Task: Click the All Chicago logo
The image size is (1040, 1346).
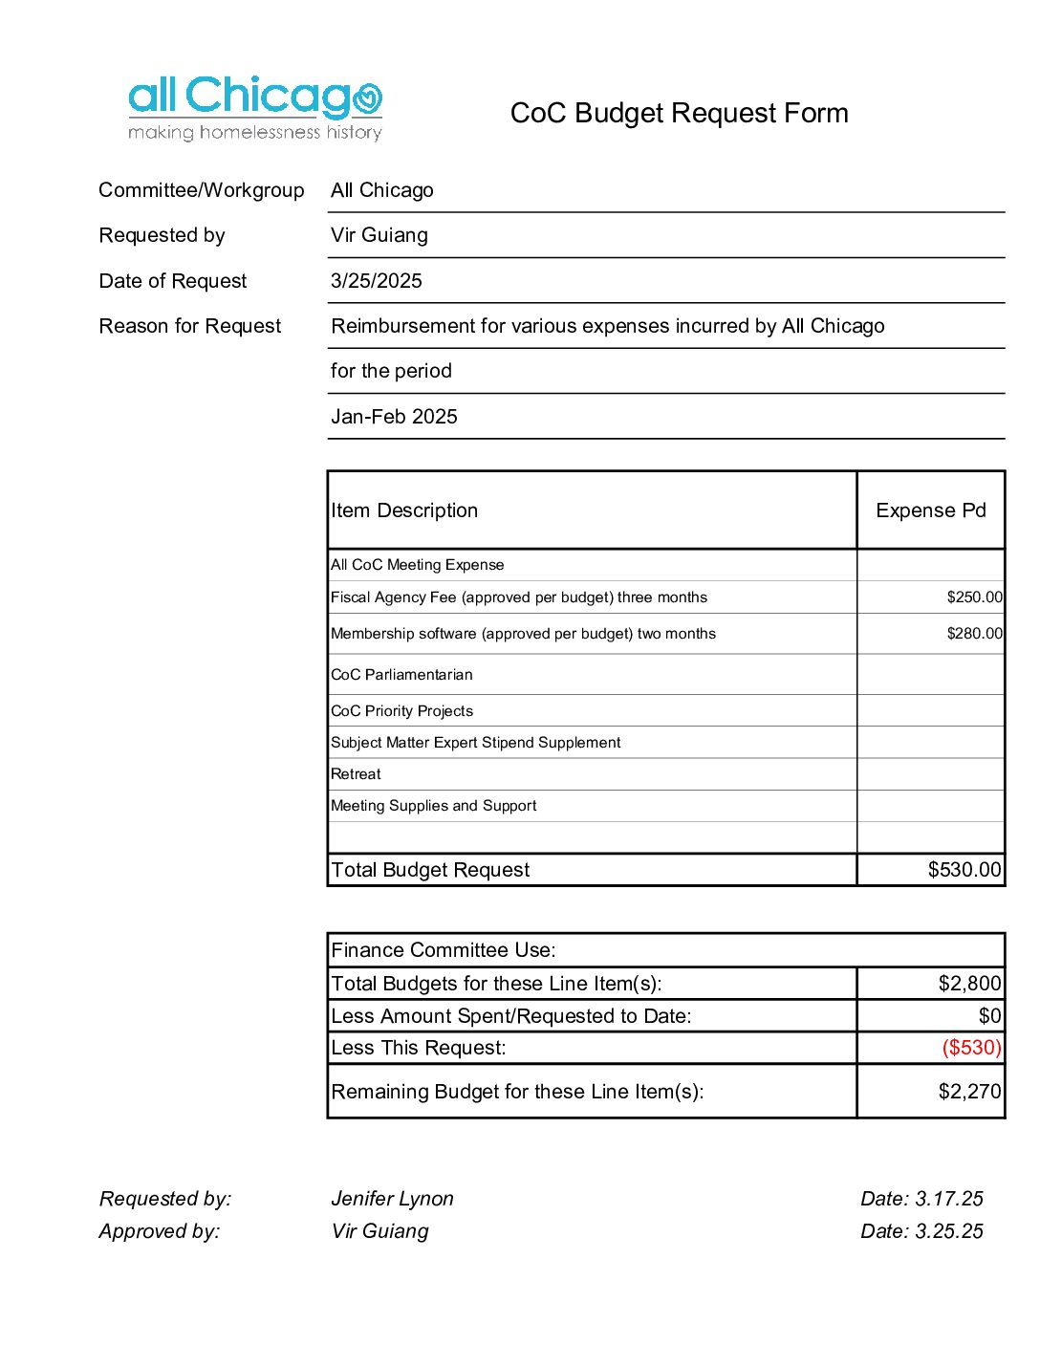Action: point(255,108)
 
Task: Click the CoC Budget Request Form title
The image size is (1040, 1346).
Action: point(679,114)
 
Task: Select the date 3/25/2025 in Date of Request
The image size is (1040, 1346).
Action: point(376,281)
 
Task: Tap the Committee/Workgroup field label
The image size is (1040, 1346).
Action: point(201,190)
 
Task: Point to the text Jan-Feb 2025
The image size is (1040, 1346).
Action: point(394,417)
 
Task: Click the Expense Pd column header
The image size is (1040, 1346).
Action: point(930,510)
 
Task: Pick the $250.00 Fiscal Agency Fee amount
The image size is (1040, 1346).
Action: point(974,597)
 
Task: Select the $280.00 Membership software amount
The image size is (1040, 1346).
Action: point(974,634)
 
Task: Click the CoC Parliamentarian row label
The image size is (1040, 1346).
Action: point(401,675)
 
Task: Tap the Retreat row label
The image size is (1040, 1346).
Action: point(356,774)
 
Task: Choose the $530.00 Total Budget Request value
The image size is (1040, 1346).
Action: point(964,870)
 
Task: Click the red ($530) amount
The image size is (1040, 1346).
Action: point(971,1048)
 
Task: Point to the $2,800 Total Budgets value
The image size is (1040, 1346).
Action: point(969,984)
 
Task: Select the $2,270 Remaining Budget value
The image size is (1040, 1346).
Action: point(969,1092)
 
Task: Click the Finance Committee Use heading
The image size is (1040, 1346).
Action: point(443,950)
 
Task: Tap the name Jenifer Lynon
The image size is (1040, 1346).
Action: point(392,1199)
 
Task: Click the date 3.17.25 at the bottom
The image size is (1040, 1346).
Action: point(948,1199)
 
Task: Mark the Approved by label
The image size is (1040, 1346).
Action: point(160,1231)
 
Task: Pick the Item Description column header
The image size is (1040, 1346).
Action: point(404,510)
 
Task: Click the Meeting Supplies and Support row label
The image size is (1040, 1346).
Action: point(433,806)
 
